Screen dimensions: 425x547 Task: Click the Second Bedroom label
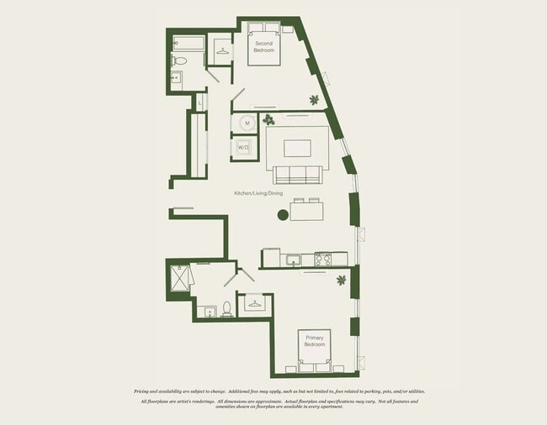tap(263, 46)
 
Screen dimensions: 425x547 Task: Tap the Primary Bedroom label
tap(314, 341)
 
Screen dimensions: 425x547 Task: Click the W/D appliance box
tap(244, 147)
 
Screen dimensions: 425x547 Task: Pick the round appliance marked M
tap(247, 123)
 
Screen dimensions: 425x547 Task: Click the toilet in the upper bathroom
tap(180, 60)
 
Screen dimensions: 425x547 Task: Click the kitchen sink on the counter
tap(293, 260)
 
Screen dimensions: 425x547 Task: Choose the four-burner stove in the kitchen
tap(325, 259)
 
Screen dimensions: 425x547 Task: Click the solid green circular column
tap(283, 215)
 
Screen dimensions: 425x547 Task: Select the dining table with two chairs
tap(307, 210)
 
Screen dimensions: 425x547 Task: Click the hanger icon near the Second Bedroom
tap(222, 50)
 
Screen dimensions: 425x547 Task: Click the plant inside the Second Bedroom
tap(314, 100)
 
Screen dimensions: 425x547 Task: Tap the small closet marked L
tap(199, 102)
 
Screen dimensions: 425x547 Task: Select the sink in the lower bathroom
tap(209, 312)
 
